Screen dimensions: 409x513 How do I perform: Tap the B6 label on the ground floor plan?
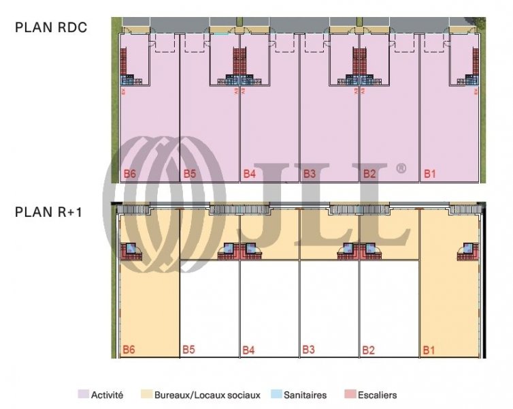click(129, 174)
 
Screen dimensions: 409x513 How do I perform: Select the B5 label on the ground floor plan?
click(189, 174)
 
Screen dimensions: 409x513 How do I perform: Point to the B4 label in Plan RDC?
click(250, 174)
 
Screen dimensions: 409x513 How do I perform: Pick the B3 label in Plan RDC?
click(309, 174)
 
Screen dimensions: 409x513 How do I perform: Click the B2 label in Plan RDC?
click(369, 174)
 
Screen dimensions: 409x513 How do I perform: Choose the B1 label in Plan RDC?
click(429, 174)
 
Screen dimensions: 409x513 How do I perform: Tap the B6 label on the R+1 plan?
click(129, 350)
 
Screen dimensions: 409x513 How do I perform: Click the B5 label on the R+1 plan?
click(189, 350)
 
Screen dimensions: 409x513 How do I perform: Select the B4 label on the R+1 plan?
click(250, 350)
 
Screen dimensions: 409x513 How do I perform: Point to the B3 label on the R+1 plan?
click(309, 350)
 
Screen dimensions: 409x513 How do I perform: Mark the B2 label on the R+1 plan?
click(369, 350)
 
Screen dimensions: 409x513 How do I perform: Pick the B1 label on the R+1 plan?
click(429, 350)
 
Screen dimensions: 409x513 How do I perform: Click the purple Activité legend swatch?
click(83, 395)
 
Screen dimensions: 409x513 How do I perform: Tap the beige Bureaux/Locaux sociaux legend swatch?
click(146, 395)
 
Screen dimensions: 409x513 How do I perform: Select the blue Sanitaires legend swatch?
click(276, 395)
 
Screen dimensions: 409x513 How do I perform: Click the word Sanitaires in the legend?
click(305, 395)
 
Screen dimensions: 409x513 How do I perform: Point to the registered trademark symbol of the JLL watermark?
click(401, 168)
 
